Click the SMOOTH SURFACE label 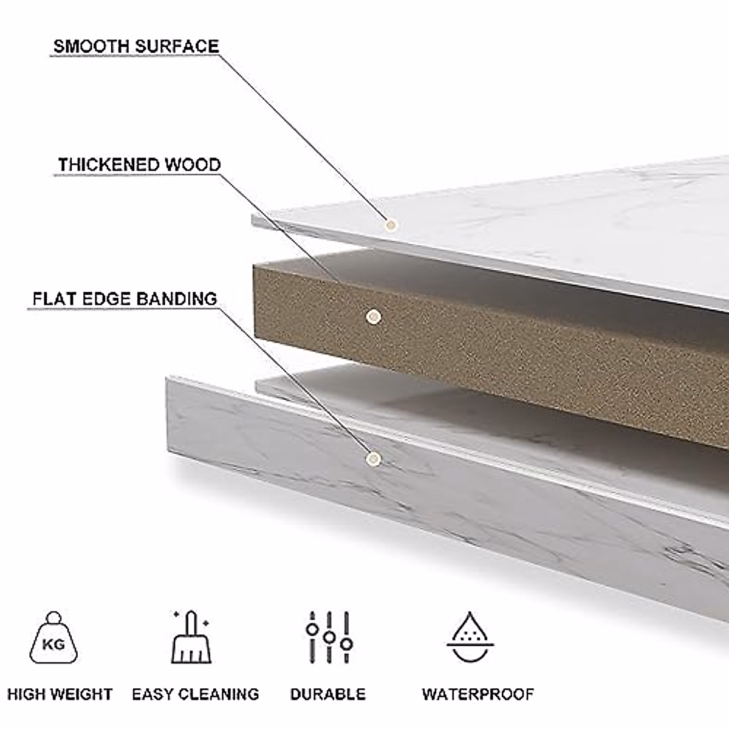coord(135,46)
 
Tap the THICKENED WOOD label coord(139,165)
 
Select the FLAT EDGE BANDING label coord(125,299)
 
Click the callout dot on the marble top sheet coord(391,225)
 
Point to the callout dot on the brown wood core coord(374,316)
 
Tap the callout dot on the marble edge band coord(374,459)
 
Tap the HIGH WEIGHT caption coord(60,694)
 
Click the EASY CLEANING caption coord(196,694)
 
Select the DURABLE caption coord(328,694)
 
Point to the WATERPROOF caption coord(478,694)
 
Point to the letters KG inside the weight coord(53,644)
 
